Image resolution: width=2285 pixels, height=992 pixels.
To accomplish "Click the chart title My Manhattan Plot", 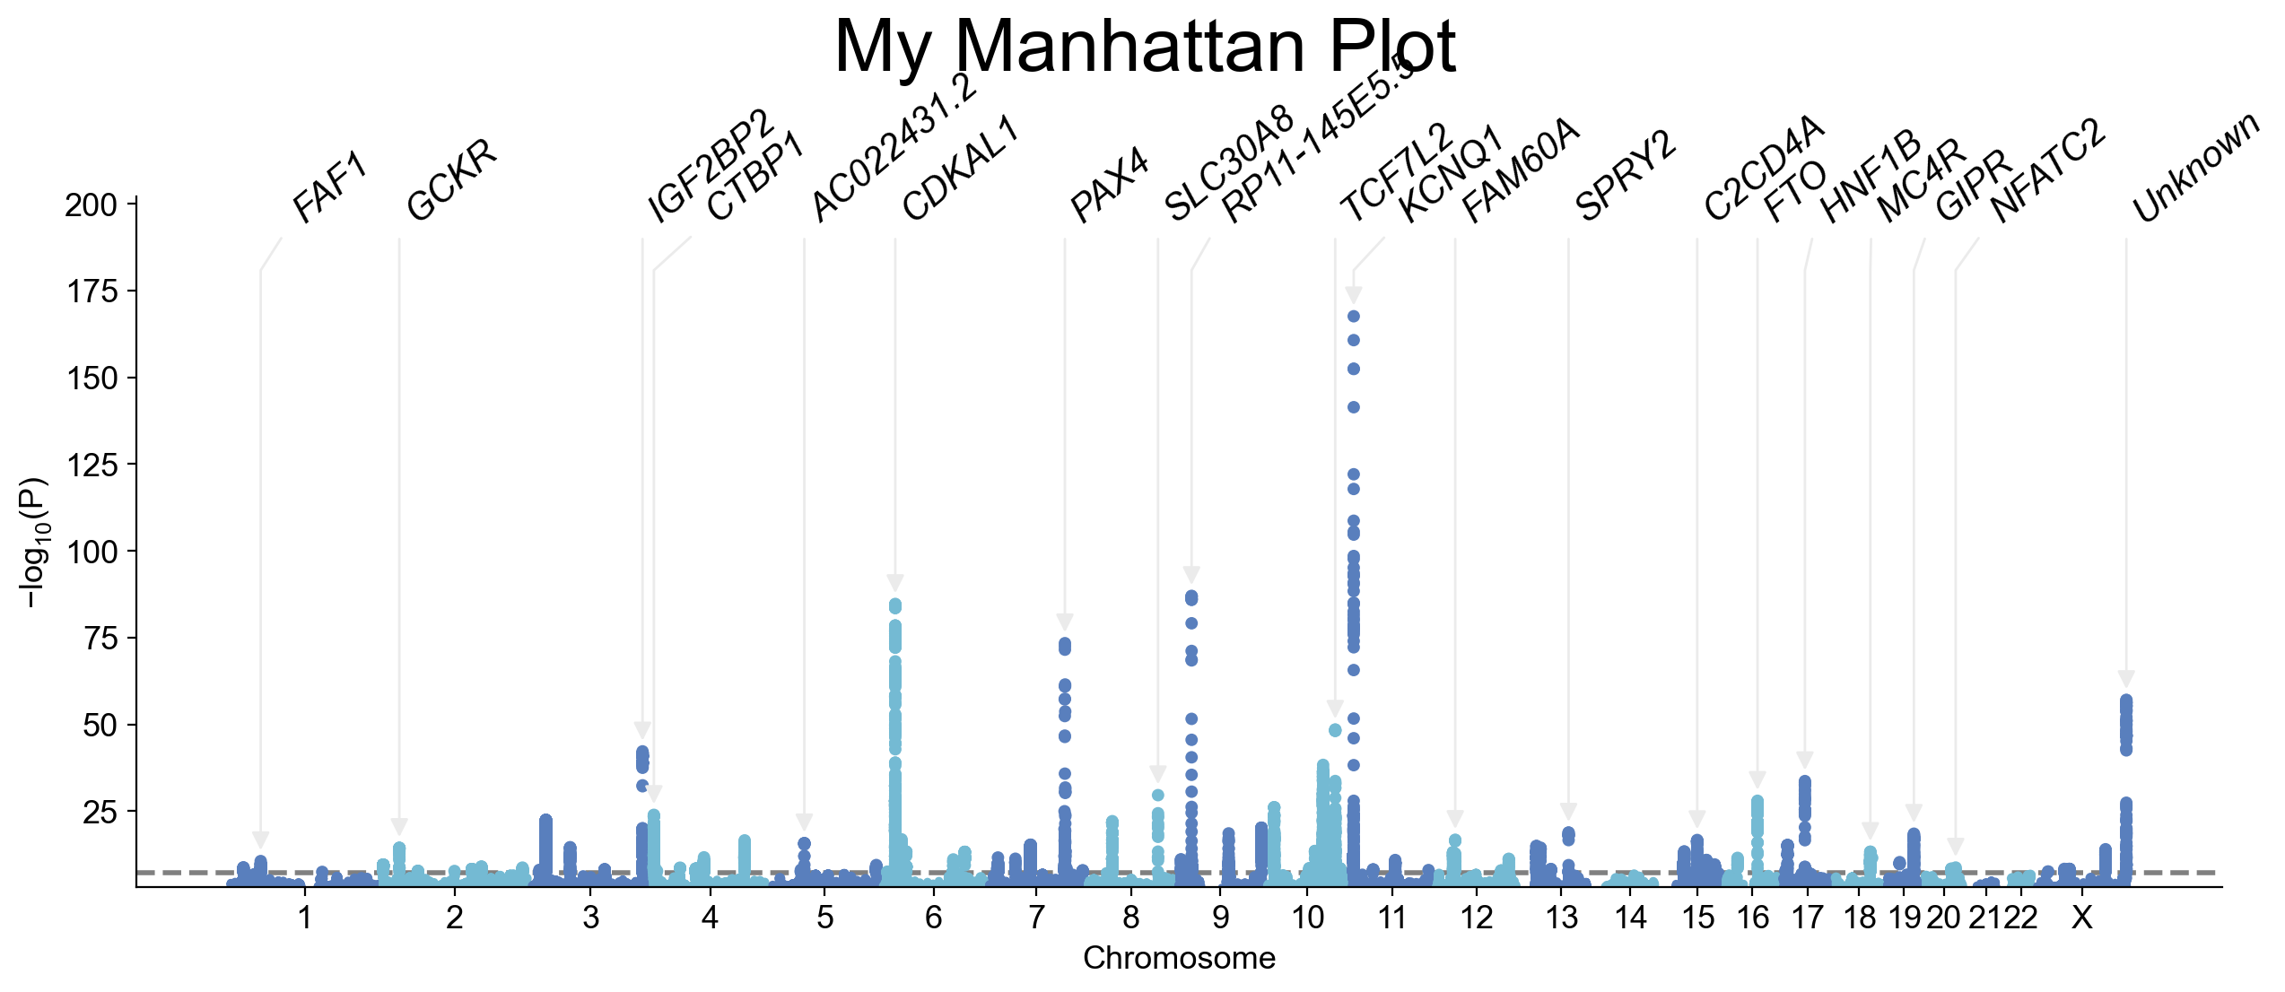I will click(1145, 47).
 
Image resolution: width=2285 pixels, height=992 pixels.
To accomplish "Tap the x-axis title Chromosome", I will click(1179, 959).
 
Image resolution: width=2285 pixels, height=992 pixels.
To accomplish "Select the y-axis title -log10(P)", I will click(34, 543).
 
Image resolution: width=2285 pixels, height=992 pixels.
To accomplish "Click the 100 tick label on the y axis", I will click(92, 552).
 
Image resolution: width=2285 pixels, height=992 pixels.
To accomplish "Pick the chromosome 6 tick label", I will click(934, 918).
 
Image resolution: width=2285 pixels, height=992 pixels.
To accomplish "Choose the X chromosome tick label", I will click(2081, 918).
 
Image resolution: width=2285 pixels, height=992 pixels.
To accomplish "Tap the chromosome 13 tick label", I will click(1562, 918).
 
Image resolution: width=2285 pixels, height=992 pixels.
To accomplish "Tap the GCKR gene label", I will click(451, 180).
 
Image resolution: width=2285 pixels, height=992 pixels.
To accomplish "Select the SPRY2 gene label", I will click(1625, 176).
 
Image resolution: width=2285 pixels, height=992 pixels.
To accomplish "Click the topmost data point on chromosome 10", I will click(1354, 317).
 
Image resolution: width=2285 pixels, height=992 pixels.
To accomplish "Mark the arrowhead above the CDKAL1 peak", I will click(895, 582).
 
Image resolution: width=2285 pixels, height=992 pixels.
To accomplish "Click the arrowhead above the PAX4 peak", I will click(1065, 622).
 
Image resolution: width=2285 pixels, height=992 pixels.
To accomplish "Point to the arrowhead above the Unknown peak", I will click(2126, 678).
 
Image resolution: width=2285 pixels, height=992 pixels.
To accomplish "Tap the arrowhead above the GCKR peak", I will click(399, 827).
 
